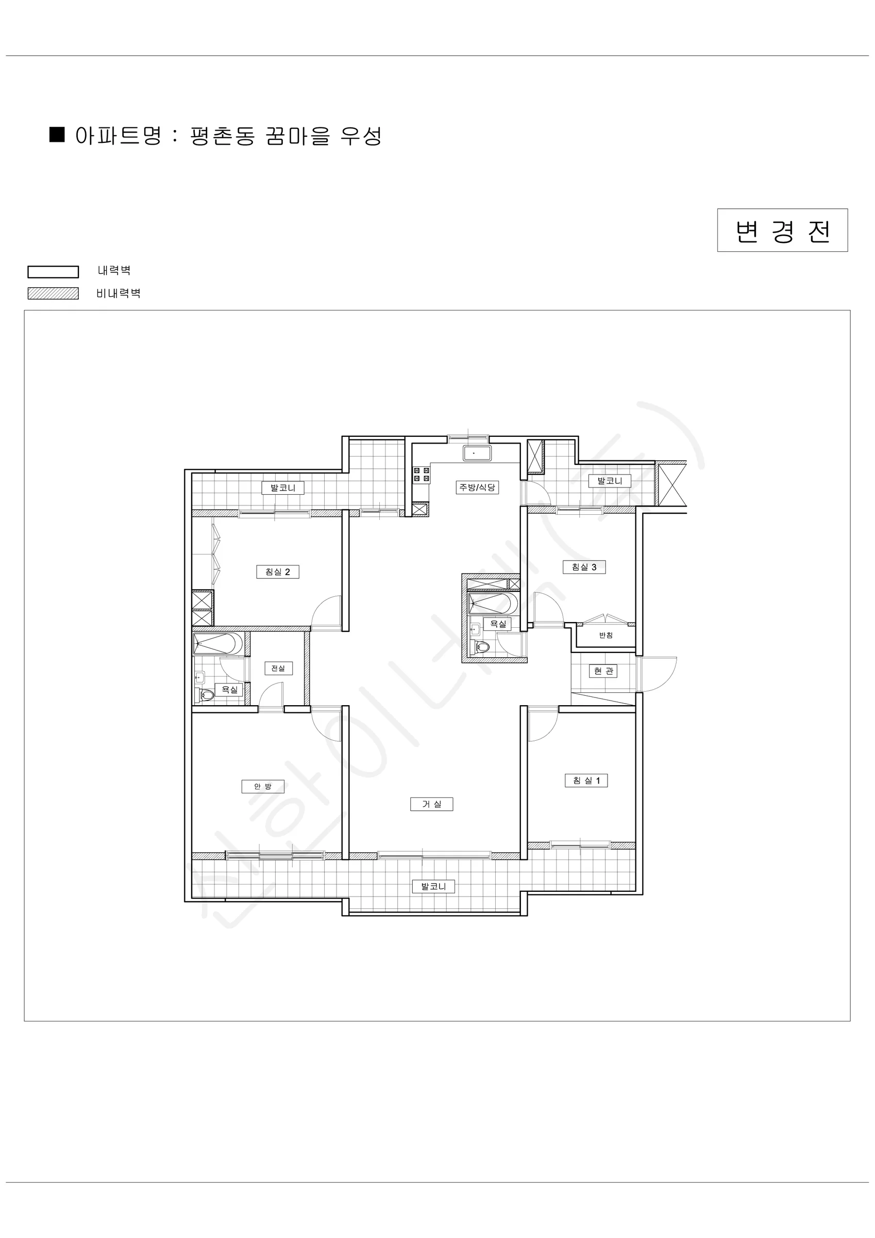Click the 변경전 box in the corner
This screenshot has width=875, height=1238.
(782, 230)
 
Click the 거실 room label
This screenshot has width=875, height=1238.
(431, 804)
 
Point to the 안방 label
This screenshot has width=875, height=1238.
(263, 786)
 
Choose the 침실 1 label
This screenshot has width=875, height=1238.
(586, 780)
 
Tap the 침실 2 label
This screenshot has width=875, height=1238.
(277, 572)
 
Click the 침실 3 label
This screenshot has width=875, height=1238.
(584, 567)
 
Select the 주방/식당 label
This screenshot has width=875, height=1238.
(477, 487)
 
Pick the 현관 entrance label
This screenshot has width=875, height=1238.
(603, 671)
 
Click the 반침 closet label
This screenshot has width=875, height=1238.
(606, 635)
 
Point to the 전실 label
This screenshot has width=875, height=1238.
(278, 668)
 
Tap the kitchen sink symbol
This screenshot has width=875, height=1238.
(477, 453)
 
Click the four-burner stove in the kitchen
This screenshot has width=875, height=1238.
(422, 475)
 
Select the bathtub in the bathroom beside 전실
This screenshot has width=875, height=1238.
(218, 644)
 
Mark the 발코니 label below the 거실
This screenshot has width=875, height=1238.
(434, 886)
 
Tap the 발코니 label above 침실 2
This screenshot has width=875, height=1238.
(283, 488)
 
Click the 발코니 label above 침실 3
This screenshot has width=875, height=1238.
(610, 480)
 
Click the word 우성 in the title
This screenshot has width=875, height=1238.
(361, 136)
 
